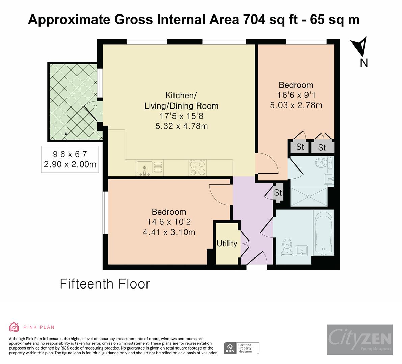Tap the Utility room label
pyautogui.click(x=227, y=243)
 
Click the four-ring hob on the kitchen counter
pyautogui.click(x=197, y=168)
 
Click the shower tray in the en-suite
pyautogui.click(x=309, y=196)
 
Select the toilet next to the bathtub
pyautogui.click(x=287, y=246)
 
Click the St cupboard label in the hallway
pyautogui.click(x=278, y=193)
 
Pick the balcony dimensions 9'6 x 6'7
pyautogui.click(x=70, y=154)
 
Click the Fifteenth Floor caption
pyautogui.click(x=105, y=284)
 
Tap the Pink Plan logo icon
pyautogui.click(x=14, y=327)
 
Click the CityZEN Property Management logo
pyautogui.click(x=359, y=339)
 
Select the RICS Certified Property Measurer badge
pyautogui.click(x=242, y=347)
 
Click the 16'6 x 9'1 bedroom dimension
pyautogui.click(x=296, y=95)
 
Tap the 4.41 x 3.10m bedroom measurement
pyautogui.click(x=169, y=232)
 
